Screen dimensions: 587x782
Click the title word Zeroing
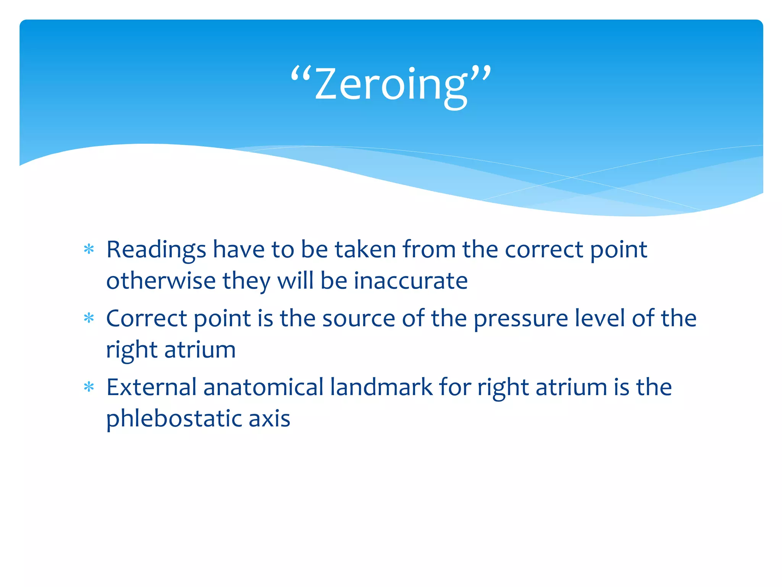click(390, 85)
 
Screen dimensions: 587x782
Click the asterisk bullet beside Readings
click(89, 250)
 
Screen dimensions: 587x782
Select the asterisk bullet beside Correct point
click(89, 318)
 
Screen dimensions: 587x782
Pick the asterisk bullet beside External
click(89, 388)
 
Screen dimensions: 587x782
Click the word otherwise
click(161, 281)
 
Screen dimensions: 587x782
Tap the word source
click(359, 319)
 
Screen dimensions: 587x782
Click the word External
click(151, 387)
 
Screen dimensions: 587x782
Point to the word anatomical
click(263, 387)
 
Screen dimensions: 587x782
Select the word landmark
click(381, 387)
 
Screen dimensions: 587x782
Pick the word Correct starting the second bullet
click(147, 319)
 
